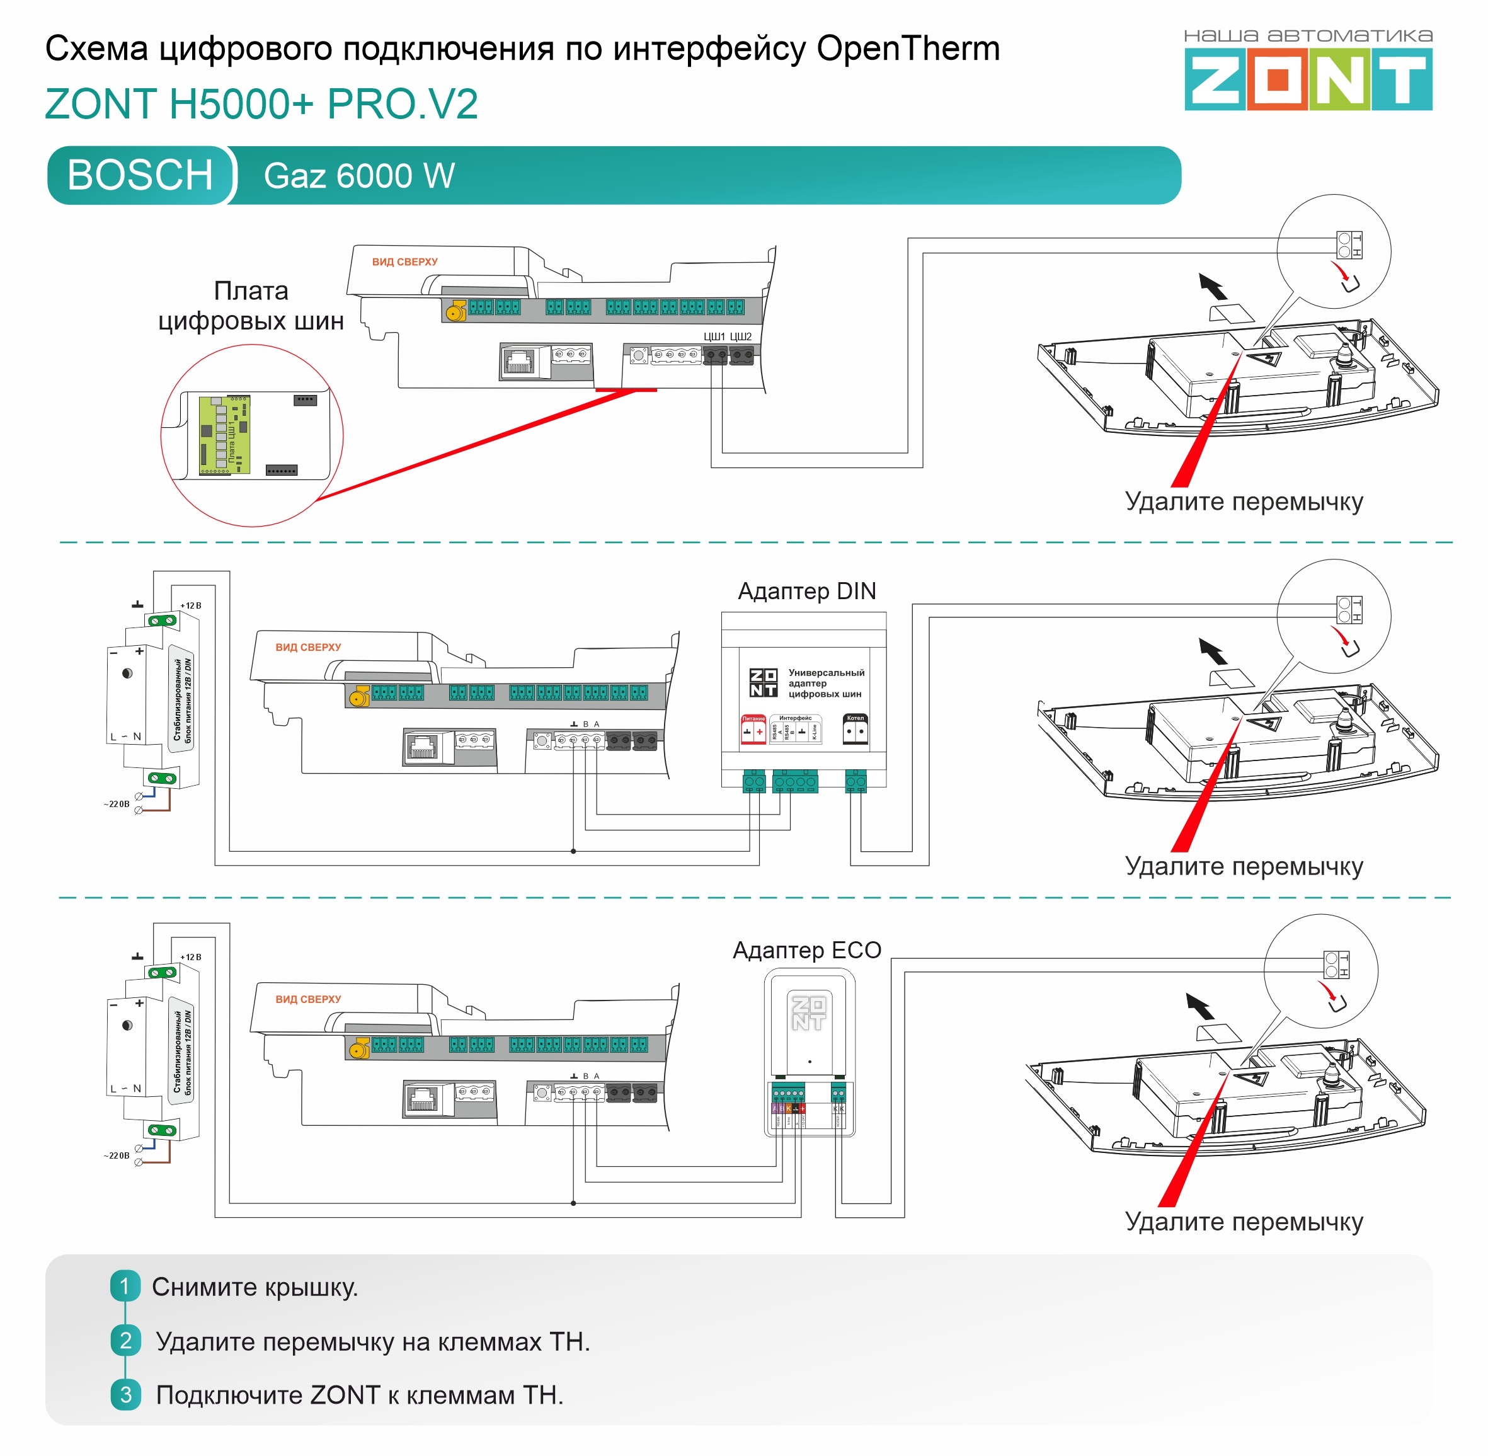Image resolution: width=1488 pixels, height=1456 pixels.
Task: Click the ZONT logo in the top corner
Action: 1308,79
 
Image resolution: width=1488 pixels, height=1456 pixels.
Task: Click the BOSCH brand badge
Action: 140,175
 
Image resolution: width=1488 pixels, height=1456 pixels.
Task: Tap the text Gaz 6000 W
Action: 358,176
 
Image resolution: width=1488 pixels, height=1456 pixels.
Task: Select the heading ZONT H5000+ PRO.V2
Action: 261,104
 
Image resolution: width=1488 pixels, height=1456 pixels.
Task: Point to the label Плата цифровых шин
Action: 251,306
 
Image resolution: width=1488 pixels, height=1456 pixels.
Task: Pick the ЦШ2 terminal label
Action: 740,336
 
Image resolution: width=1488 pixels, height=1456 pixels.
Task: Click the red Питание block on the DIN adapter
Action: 753,730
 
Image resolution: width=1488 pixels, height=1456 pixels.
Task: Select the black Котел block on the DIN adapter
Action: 855,730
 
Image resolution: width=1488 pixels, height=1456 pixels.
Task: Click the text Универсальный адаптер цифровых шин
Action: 826,683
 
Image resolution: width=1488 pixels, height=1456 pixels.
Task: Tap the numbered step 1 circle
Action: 125,1287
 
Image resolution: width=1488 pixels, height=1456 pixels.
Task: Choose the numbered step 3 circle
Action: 125,1394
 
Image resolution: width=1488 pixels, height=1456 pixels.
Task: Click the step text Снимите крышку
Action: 255,1287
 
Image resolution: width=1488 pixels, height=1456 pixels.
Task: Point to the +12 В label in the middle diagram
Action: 190,605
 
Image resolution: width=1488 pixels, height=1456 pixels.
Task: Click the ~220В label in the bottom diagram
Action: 116,1155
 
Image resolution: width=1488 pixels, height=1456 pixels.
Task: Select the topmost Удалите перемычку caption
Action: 1244,502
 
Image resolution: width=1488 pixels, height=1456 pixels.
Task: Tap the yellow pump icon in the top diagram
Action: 455,311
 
